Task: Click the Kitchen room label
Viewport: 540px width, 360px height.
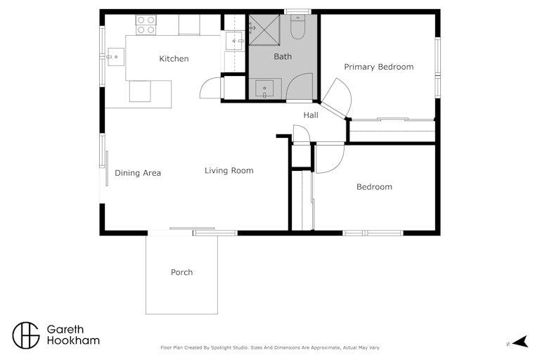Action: (x=174, y=59)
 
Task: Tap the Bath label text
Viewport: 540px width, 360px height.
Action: (x=283, y=56)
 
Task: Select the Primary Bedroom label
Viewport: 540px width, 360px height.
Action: (x=379, y=67)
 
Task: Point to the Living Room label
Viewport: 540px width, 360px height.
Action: (x=229, y=171)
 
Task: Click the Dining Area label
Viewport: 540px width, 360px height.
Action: (x=138, y=173)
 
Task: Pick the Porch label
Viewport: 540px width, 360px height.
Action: (x=182, y=272)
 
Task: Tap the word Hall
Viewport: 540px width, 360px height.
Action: (x=311, y=115)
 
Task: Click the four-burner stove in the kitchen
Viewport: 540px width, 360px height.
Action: (x=146, y=25)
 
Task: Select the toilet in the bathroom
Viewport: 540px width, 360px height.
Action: (x=297, y=27)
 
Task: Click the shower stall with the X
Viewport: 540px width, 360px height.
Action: (x=264, y=30)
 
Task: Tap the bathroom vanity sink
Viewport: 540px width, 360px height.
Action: (x=264, y=89)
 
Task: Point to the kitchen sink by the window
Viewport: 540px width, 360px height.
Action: (x=116, y=57)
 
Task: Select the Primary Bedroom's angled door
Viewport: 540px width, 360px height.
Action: (x=337, y=99)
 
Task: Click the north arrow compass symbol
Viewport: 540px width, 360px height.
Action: (x=520, y=342)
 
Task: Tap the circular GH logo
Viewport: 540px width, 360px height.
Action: (x=26, y=335)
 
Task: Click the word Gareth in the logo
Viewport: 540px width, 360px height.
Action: (x=65, y=329)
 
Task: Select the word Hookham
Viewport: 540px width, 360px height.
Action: (x=73, y=340)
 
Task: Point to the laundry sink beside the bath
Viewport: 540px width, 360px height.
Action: (x=234, y=41)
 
